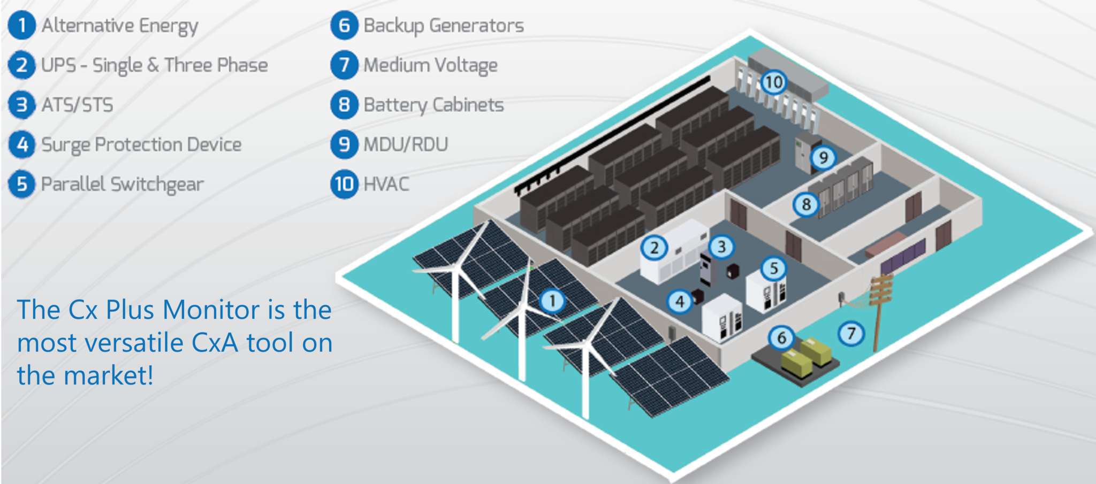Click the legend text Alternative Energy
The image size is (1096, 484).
(120, 26)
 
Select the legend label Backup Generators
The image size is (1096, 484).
(444, 26)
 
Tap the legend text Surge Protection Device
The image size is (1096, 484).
(141, 144)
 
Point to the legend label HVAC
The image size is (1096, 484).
(386, 185)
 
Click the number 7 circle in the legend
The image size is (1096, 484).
(344, 65)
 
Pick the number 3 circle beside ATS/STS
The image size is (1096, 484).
(22, 105)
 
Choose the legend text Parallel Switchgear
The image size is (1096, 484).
(123, 185)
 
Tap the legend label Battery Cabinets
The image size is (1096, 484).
(433, 105)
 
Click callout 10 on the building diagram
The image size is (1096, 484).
(773, 82)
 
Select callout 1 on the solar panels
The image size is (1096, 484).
(552, 301)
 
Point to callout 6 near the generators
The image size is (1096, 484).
(781, 338)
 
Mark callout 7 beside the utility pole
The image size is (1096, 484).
(851, 334)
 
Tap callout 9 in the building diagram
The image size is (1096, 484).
(823, 158)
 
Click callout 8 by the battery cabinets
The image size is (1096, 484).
(806, 204)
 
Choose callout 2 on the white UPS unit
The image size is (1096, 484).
(654, 248)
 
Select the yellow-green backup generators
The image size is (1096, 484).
(805, 357)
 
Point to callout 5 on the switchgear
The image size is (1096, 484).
(773, 268)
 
